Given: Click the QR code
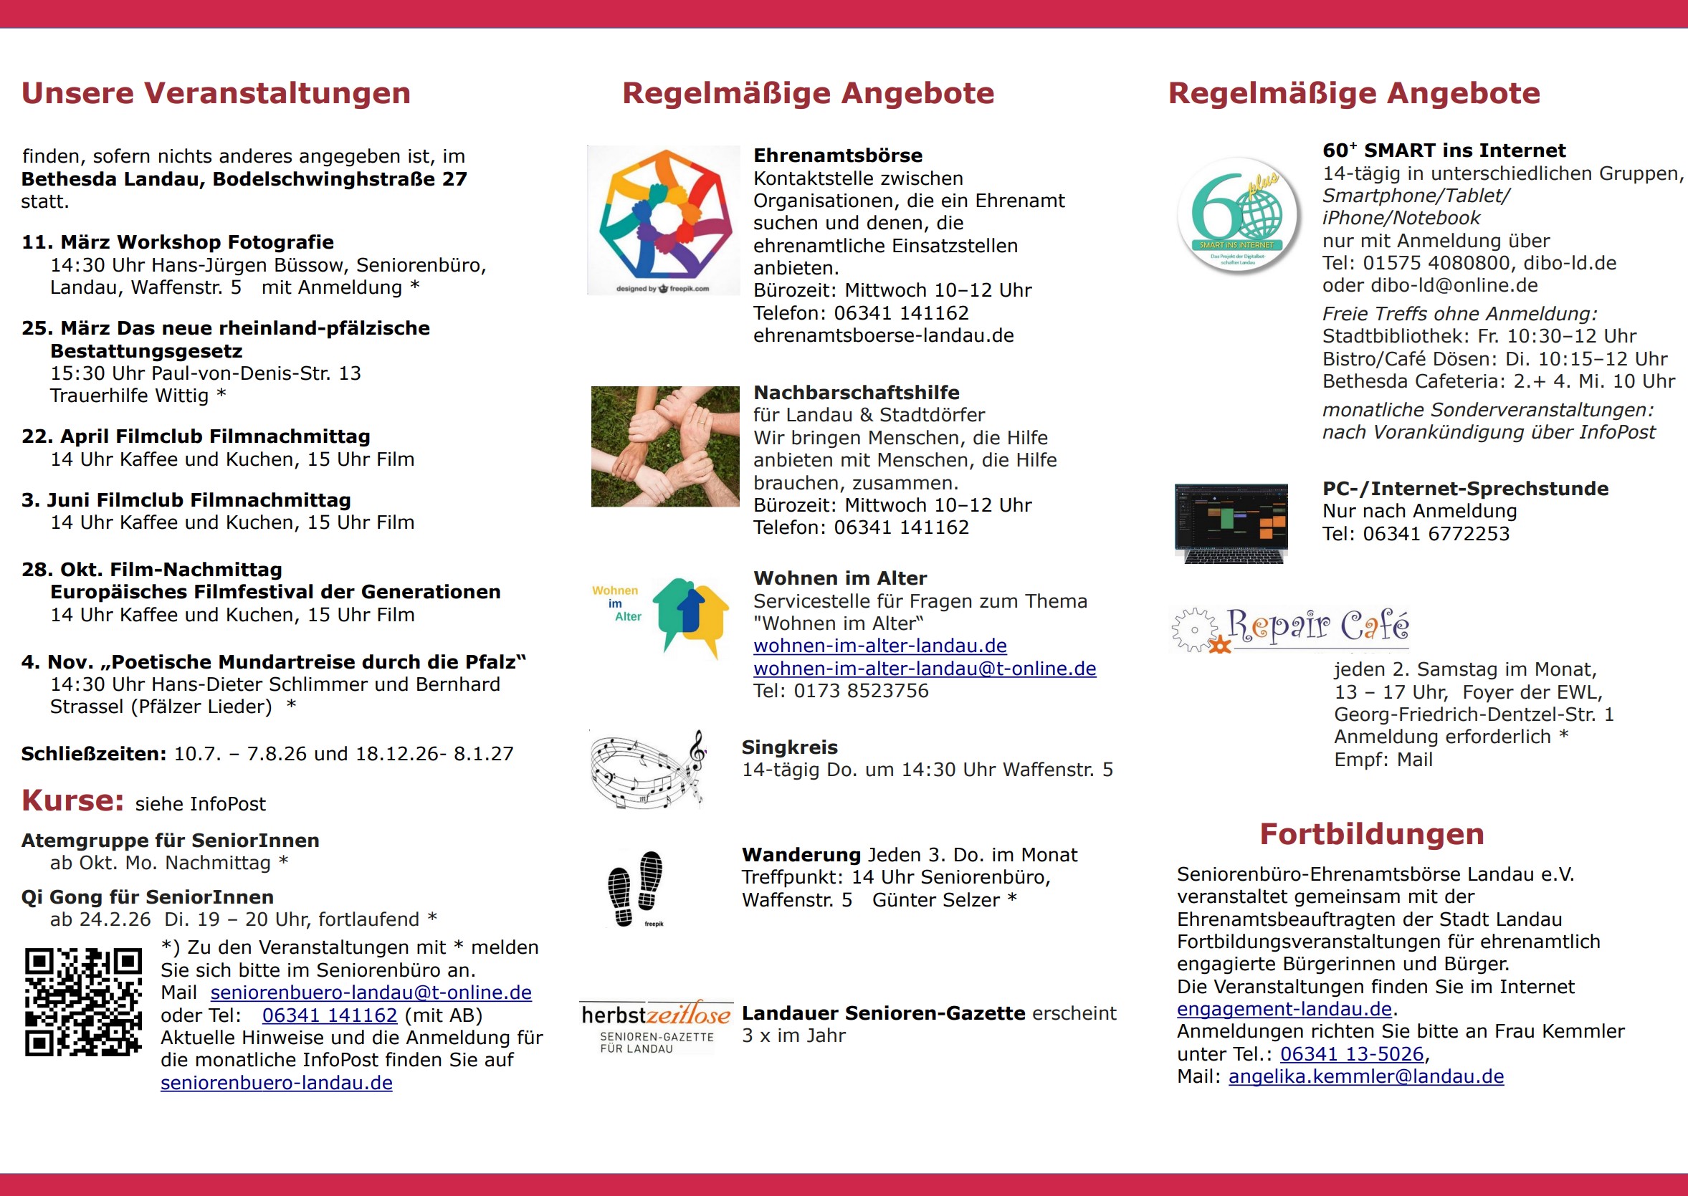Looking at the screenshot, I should point(83,1002).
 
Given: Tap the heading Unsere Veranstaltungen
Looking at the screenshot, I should point(216,94).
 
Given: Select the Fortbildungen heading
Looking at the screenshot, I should point(1371,834).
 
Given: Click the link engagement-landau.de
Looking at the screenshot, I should point(1284,1009).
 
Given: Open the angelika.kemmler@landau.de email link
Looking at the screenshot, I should point(1365,1077).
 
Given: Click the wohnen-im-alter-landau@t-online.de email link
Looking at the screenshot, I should point(924,669).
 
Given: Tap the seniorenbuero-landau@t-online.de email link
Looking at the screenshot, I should point(371,992).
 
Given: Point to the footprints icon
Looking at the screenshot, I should point(635,888).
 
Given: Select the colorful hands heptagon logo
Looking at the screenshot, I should point(664,219).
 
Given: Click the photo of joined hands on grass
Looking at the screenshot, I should point(665,446).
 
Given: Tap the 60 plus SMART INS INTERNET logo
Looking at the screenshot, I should point(1238,215).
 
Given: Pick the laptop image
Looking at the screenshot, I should point(1231,523).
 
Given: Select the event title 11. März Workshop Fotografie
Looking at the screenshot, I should point(178,242).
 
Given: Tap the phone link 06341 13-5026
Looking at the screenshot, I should point(1351,1055).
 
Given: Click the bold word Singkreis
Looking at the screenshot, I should point(789,747).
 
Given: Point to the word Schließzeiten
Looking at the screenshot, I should point(93,754).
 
